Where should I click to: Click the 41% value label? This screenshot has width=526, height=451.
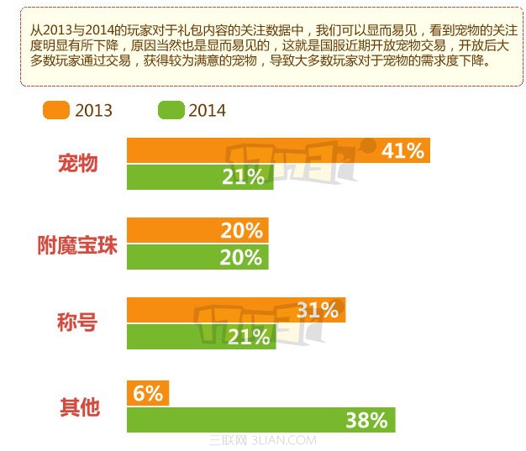point(402,150)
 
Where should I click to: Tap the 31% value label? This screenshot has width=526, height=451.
point(317,310)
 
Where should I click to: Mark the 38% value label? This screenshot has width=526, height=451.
point(366,420)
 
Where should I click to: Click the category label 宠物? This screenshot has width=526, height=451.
point(78,163)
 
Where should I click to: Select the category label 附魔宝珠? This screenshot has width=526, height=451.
point(78,245)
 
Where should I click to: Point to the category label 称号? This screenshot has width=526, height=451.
point(78,323)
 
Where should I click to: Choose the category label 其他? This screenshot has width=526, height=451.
point(78,407)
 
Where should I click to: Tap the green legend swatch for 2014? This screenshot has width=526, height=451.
point(171,110)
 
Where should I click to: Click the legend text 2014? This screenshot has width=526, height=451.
point(207,110)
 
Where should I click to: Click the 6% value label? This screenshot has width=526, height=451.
point(147,393)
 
